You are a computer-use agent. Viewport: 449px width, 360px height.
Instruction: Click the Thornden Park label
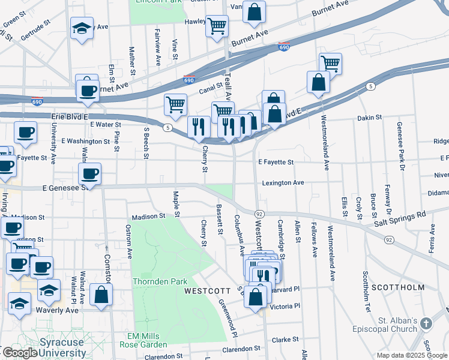tap(161, 281)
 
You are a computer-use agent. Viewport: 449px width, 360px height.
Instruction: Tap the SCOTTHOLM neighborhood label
tap(398, 287)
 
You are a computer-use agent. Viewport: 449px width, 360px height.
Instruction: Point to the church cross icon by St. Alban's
tap(426, 323)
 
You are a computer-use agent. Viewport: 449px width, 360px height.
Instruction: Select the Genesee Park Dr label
tap(399, 140)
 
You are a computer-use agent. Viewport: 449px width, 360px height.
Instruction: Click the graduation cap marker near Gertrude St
tap(82, 28)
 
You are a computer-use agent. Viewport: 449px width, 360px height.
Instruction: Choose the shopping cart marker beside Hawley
tap(217, 25)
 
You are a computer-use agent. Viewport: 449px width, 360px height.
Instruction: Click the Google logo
tap(20, 353)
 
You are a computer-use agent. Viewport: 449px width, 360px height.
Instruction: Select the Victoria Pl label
tap(285, 306)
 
